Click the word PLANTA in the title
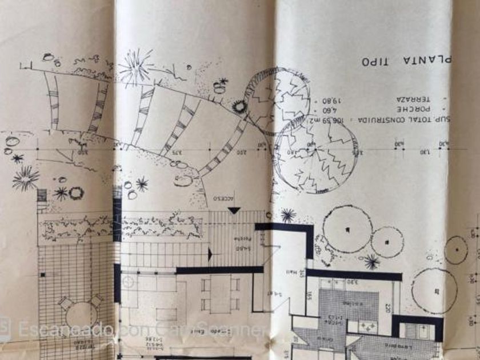coord(435,59)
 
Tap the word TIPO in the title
coord(380,61)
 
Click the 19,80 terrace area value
coord(323,100)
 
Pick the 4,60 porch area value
coord(323,110)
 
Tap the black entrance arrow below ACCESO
coord(234,211)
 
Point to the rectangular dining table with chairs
coord(220,293)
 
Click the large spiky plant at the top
coord(136,66)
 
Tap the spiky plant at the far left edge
coord(26,179)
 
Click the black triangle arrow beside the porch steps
coord(210,254)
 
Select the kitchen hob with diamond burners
coord(367,326)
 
